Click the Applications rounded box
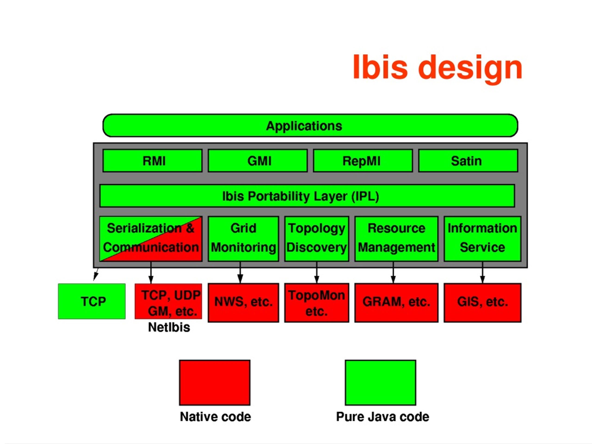coord(310,126)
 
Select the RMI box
coord(152,160)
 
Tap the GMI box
coord(257,160)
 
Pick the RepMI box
coord(363,160)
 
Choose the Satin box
coord(468,160)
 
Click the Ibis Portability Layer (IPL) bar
coord(307,196)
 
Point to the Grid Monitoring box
coord(243,239)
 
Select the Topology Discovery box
coord(317,239)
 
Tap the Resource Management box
coord(396,239)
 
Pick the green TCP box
coord(92,301)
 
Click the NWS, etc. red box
coord(243,303)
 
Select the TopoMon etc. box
coord(317,303)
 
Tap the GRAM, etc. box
coord(396,303)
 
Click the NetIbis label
coord(169,327)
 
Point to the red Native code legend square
coord(215,382)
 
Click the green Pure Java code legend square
coord(380,382)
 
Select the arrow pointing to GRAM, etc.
coord(393,272)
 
